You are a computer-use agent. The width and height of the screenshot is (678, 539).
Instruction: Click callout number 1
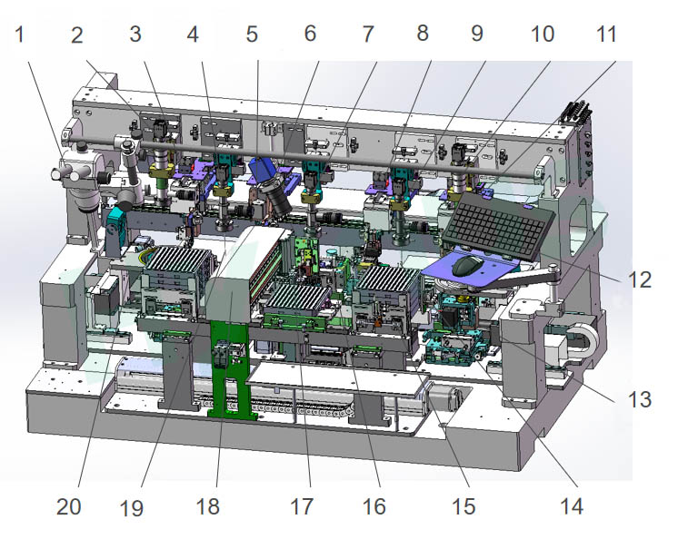pos(19,34)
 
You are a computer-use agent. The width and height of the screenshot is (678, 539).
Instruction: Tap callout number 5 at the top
pos(252,34)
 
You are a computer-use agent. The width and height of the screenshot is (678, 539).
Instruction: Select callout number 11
pos(606,34)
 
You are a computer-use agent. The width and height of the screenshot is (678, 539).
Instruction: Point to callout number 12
pos(640,279)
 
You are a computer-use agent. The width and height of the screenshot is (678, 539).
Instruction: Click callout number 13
pos(640,399)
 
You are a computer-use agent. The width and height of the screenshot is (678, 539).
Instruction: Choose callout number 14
pos(572,506)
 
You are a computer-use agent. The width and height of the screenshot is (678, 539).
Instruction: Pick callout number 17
pos(302,506)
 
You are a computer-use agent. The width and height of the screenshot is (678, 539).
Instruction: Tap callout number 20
pos(69,506)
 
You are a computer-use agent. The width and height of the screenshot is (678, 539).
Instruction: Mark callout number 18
pos(207,506)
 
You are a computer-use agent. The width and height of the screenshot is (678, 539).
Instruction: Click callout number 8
pos(422,34)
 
